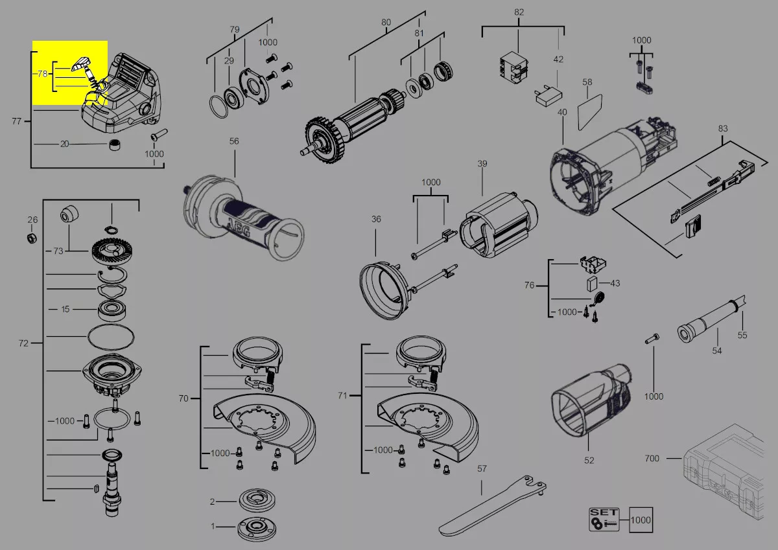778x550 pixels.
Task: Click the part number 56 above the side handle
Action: pyautogui.click(x=234, y=141)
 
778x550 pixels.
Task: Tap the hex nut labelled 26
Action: pyautogui.click(x=32, y=238)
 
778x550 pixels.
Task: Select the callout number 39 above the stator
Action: pyautogui.click(x=482, y=163)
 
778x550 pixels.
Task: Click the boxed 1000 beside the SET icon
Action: pyautogui.click(x=641, y=520)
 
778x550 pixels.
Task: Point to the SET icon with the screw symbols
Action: pyautogui.click(x=604, y=519)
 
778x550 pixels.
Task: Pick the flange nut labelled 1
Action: pyautogui.click(x=257, y=527)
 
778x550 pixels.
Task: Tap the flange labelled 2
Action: pyautogui.click(x=257, y=501)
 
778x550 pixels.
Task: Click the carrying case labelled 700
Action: pyautogui.click(x=723, y=471)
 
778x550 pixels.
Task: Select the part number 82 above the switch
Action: pyautogui.click(x=519, y=12)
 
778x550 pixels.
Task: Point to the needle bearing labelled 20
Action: pyautogui.click(x=114, y=144)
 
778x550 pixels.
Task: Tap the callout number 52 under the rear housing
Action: pyautogui.click(x=589, y=461)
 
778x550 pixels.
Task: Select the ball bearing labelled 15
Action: pyautogui.click(x=112, y=311)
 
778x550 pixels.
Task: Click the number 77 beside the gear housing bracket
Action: pyautogui.click(x=17, y=121)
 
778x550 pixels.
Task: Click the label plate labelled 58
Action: pyautogui.click(x=590, y=111)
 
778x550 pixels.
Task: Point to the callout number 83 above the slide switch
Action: pyautogui.click(x=723, y=128)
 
